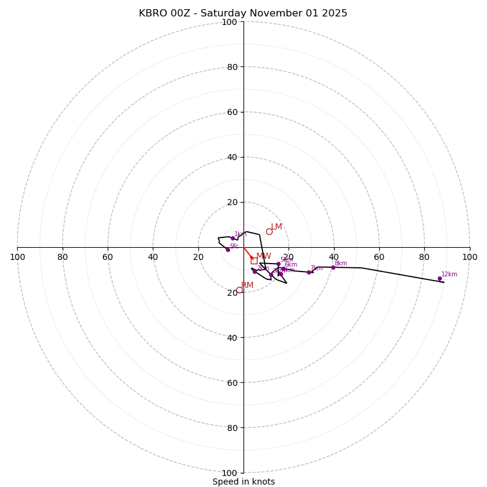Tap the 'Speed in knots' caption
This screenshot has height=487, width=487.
[243, 482]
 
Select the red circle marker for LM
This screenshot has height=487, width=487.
[269, 231]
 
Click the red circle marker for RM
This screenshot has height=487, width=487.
[239, 290]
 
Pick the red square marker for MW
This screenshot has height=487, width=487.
[254, 261]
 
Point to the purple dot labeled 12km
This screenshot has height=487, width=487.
[440, 278]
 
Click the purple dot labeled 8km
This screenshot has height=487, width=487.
[333, 267]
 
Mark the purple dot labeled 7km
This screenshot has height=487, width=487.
[309, 272]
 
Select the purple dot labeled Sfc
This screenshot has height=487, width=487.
[228, 250]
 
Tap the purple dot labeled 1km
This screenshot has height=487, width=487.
[233, 238]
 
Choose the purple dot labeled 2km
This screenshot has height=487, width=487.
[254, 272]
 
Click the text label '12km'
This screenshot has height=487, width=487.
[449, 275]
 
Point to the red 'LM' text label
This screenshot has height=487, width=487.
[276, 227]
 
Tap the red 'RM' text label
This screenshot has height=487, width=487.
[247, 286]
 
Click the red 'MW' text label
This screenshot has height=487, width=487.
[264, 256]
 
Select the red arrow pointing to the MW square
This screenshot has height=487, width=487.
[248, 253]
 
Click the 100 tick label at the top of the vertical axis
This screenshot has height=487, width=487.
[229, 23]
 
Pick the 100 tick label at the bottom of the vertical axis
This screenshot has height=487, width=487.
[229, 473]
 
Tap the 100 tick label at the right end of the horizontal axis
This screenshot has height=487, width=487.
[469, 258]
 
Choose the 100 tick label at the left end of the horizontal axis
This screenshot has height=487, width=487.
[18, 258]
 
